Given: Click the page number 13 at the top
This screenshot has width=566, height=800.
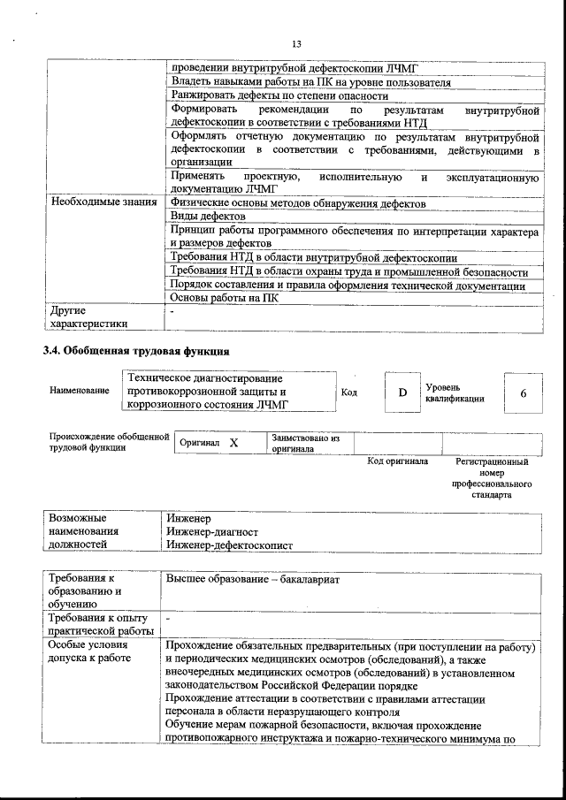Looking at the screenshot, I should (x=296, y=44).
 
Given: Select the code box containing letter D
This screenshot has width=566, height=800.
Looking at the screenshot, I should (x=402, y=392).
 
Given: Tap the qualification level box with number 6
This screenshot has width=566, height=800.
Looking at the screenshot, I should (x=524, y=392).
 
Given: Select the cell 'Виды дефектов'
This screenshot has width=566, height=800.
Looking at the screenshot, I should (x=208, y=216).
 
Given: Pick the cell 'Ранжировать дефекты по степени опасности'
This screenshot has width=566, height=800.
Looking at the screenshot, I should (x=279, y=96).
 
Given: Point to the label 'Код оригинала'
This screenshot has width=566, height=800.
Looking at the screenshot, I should (x=398, y=461).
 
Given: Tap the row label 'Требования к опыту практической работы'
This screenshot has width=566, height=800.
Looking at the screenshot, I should (x=100, y=623).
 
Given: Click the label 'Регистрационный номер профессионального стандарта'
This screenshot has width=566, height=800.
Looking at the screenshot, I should (x=492, y=478).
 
